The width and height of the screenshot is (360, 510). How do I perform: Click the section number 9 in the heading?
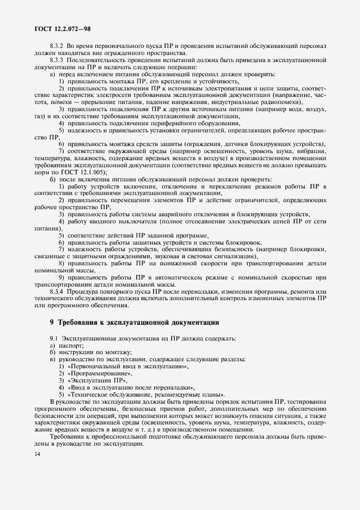pos(52,322)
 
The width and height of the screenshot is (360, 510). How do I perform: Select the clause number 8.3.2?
pos(57,47)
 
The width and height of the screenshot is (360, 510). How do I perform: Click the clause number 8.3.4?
pos(57,291)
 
